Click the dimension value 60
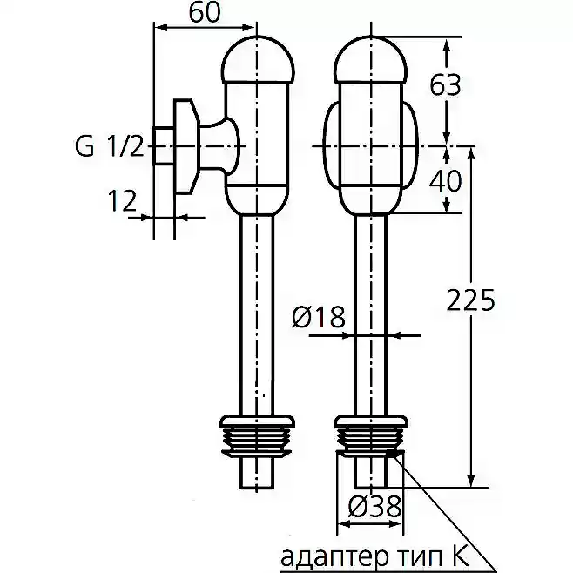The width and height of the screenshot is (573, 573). coord(205,12)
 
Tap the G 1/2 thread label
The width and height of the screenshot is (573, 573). coord(110,146)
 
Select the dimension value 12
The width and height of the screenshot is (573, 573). coord(122,200)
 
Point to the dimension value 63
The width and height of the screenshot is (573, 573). coord(445,84)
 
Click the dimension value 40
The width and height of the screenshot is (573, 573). coord(445,180)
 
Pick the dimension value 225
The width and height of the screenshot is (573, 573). coord(470,300)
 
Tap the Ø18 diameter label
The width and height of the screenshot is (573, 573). coord(319,316)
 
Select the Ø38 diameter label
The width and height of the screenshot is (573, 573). coord(375,507)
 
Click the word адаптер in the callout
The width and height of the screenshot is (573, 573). coord(334,556)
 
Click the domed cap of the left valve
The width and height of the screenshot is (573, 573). coord(258,58)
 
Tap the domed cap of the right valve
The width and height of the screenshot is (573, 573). coord(371,58)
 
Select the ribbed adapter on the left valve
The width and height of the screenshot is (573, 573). coord(257,435)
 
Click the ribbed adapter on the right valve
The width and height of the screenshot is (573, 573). coord(371,435)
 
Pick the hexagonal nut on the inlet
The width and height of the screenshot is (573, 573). coord(186,145)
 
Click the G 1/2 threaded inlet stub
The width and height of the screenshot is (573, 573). coord(164,145)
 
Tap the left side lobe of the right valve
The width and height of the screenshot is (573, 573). coord(332,145)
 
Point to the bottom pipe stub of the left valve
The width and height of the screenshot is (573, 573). coord(257,472)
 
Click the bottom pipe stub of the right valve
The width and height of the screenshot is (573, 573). coord(371,472)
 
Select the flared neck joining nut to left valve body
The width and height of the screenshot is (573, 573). coord(219,146)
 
